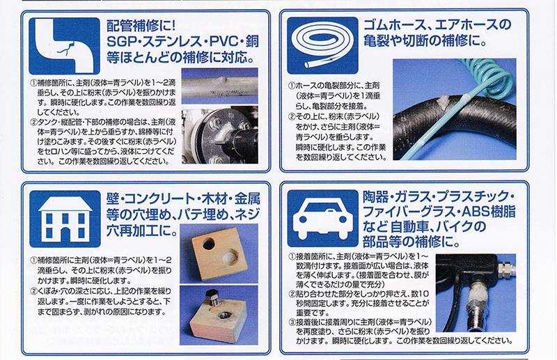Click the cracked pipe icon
pos(64,46)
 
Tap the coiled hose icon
pos(322,45)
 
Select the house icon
pos(65,219)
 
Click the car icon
pos(322,218)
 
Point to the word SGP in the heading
pos(119,42)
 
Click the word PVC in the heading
pos(223,42)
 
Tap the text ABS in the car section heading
pos(476,212)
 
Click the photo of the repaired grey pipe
pos(219,86)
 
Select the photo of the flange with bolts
pos(219,134)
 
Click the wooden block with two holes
pos(219,254)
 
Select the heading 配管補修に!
pos(141,26)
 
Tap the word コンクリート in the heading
pos(155,198)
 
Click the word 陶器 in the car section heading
pos(375,196)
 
